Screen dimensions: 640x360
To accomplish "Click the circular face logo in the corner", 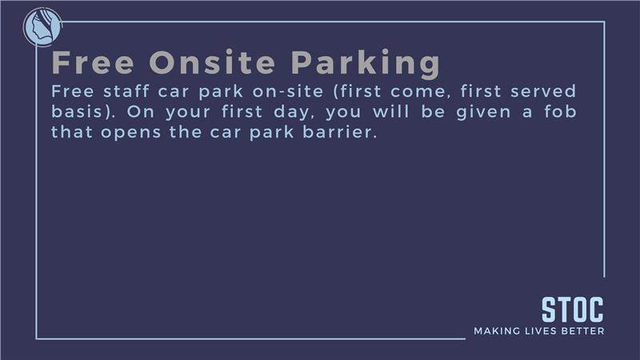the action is (x=42, y=27).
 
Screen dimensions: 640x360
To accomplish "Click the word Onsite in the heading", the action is (x=212, y=62).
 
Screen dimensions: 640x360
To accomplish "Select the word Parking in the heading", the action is (x=366, y=64).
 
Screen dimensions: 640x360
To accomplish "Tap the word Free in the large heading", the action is (x=93, y=62).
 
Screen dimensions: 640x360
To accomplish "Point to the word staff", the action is (x=126, y=91).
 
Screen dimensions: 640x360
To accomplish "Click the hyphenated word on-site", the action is (x=288, y=91).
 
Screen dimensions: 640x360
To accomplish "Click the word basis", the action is (x=77, y=111).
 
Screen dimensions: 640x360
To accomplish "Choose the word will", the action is (x=390, y=111).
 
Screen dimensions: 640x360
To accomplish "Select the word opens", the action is (x=130, y=133).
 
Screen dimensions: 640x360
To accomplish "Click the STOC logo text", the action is (x=572, y=310).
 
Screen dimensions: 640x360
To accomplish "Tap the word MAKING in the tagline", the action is (x=497, y=330).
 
